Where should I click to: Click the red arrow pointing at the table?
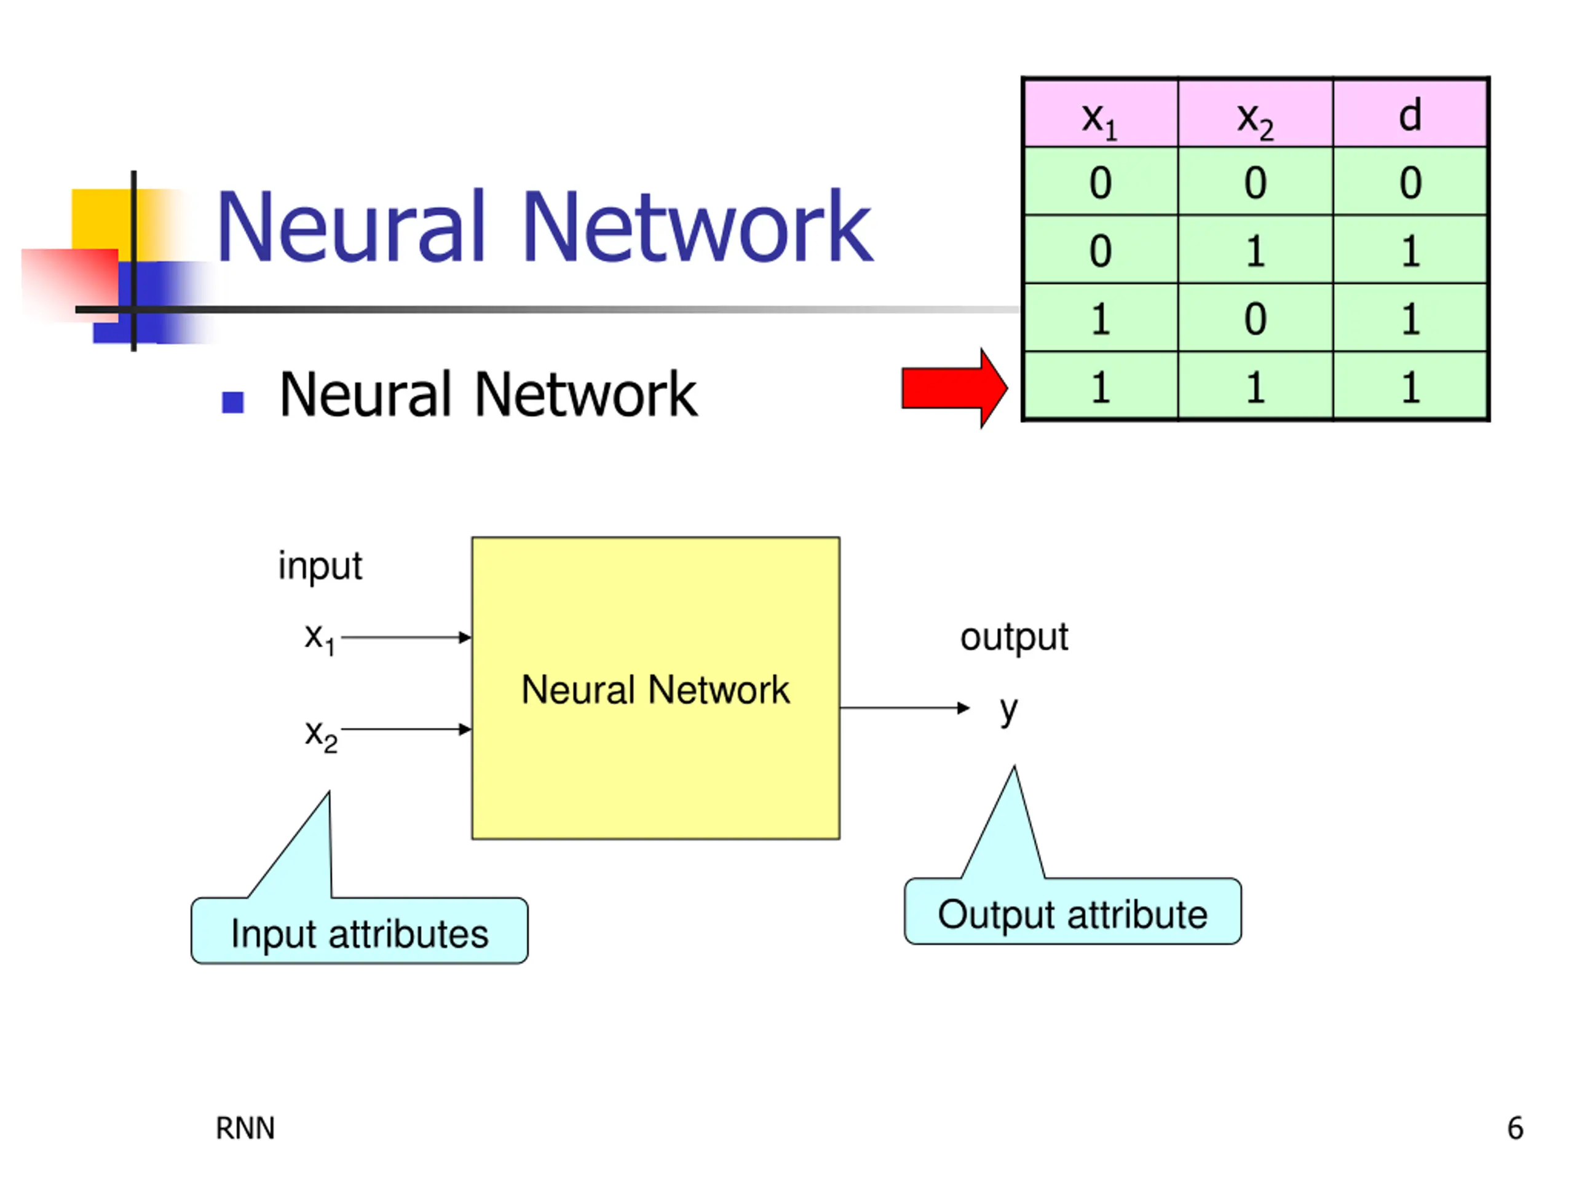tap(954, 388)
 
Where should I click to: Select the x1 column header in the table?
tap(1100, 114)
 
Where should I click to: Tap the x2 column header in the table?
tap(1256, 114)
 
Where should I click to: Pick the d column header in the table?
tap(1410, 114)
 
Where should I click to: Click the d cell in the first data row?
tap(1410, 181)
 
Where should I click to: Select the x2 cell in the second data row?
tap(1256, 250)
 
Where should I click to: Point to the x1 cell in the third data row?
tap(1100, 318)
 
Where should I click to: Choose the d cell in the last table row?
tap(1410, 386)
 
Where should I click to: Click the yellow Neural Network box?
tap(655, 688)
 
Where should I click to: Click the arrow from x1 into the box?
tap(406, 637)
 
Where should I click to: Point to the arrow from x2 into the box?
tap(406, 729)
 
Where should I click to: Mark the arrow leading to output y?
tap(905, 708)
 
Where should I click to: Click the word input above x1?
tap(320, 567)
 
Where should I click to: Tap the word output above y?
tap(1014, 637)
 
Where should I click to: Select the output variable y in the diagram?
tap(1008, 710)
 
